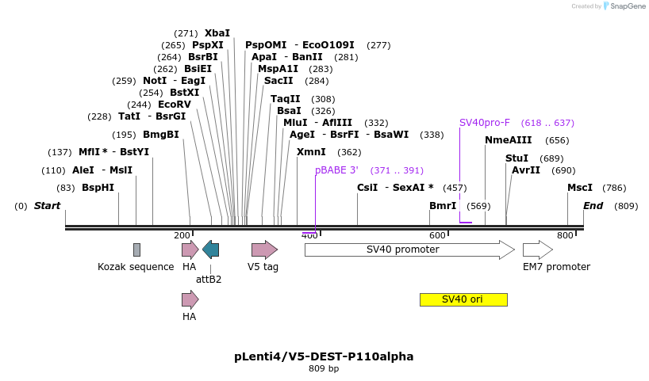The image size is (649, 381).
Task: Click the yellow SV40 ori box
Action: tap(463, 299)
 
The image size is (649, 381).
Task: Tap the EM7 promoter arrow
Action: tap(537, 250)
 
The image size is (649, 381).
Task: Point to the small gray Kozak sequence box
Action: tap(136, 250)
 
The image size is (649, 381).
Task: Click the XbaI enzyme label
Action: tap(217, 33)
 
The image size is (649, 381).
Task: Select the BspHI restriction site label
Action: tap(98, 188)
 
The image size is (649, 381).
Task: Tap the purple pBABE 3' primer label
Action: tap(336, 170)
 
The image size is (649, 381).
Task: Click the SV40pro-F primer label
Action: tap(485, 123)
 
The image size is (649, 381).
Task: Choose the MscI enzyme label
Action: tap(580, 188)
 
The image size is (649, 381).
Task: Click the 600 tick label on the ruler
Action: tap(438, 235)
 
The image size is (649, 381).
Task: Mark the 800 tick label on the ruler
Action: tap(565, 235)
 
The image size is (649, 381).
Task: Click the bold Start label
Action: tap(47, 206)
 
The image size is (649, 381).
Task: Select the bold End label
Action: tap(593, 206)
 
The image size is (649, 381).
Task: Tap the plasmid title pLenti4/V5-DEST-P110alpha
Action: tap(324, 356)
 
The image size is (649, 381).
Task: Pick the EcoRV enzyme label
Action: tap(175, 105)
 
